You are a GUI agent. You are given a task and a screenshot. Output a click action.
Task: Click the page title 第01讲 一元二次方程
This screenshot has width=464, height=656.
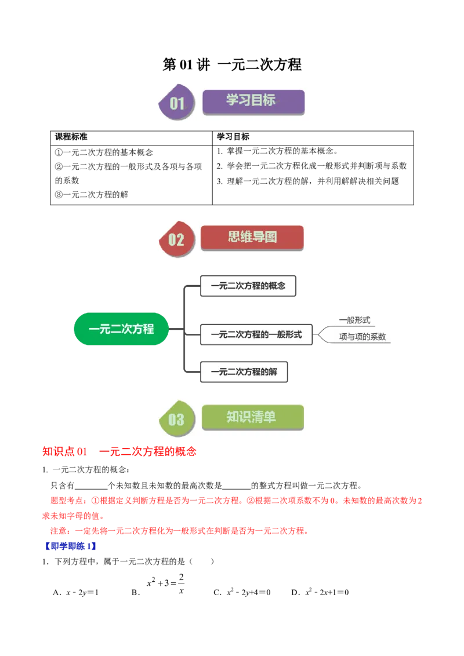pos(232,64)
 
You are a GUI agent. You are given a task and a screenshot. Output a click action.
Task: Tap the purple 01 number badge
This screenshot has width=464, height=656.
pos(177,102)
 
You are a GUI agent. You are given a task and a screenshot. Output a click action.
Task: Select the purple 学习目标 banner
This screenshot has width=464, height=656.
pos(253,101)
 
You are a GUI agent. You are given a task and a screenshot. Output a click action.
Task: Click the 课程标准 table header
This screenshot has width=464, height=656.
pos(71,137)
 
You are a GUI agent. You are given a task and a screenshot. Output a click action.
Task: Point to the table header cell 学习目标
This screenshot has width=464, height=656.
pos(233,137)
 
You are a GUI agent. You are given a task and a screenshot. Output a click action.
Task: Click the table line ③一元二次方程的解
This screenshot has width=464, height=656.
pos(91,195)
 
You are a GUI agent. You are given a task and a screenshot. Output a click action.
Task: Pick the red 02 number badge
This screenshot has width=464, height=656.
pos(177,239)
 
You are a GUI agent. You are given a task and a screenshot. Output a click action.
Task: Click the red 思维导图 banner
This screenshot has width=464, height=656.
pos(252,238)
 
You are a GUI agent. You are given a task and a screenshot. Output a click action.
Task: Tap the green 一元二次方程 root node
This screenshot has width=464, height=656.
pos(121,329)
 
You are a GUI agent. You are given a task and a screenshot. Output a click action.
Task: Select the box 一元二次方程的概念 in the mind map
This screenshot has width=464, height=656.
pos(248,286)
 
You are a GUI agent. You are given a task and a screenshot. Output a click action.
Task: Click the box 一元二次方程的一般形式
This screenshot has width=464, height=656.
pos(256,335)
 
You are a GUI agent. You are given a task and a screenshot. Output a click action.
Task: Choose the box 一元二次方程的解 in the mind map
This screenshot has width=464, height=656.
pos(244,372)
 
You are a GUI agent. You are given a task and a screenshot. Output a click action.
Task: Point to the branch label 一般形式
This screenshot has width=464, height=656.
pos(355,320)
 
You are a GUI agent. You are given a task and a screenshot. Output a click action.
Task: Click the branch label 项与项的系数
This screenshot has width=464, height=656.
pos(362,337)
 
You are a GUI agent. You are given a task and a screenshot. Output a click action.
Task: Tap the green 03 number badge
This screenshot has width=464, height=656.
pos(177,418)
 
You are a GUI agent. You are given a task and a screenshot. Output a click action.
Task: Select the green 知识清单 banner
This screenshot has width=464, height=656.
pos(252,417)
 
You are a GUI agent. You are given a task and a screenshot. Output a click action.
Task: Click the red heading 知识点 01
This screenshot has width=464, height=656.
pos(64,451)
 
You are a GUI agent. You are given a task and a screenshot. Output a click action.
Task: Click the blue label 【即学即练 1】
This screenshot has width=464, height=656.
pos(70,546)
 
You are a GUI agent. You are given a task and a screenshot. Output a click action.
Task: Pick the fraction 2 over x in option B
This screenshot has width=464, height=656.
pos(182,584)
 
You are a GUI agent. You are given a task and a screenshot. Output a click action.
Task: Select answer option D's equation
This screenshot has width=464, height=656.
pos(327,592)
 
